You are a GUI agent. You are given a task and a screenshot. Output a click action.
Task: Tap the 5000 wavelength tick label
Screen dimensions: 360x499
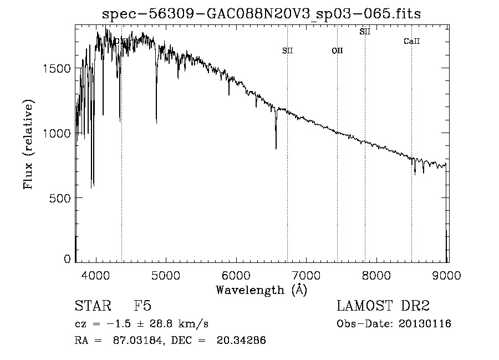166,275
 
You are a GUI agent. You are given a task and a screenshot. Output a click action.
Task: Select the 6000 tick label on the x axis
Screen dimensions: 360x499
237,275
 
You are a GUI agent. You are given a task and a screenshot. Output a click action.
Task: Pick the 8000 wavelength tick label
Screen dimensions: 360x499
377,275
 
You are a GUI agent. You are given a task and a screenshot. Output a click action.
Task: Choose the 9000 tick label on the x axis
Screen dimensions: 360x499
447,275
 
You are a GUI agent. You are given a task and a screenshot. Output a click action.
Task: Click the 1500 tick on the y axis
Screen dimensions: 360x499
56,68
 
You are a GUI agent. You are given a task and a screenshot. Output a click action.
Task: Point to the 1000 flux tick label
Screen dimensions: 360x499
56,133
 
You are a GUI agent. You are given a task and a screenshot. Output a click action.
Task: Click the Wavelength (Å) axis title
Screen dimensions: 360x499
261,290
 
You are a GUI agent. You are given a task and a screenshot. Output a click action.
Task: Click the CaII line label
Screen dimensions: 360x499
411,41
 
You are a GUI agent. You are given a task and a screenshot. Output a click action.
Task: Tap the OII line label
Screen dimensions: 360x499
337,50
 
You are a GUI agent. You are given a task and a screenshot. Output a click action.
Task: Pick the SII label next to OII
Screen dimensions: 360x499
287,50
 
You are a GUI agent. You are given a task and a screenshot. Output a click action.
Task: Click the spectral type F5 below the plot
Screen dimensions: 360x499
142,306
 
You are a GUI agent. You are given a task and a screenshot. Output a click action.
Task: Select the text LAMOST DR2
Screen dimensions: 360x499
383,306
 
